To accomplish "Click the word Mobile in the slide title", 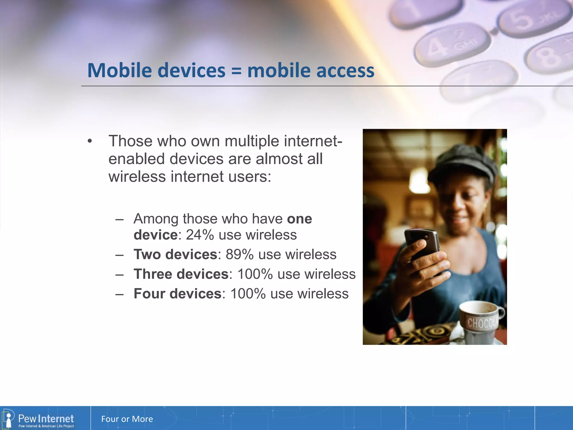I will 119,70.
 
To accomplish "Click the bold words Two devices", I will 175,254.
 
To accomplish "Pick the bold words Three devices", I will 181,274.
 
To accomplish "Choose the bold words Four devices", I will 178,293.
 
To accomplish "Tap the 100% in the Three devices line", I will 255,274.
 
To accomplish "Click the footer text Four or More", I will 127,419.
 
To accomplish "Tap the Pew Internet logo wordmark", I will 46,419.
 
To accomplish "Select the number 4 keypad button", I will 450,45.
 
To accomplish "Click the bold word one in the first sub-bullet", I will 299,219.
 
